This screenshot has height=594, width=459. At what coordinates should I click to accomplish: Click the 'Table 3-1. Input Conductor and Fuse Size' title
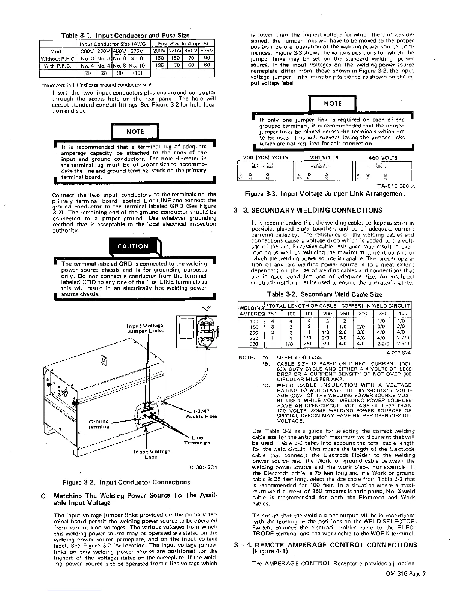coord(125,36)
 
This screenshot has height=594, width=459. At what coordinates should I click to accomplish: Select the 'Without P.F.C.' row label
coord(58,58)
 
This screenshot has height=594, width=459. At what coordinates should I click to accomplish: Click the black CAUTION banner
coord(133,246)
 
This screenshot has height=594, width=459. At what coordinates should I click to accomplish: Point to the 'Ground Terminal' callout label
coord(98,424)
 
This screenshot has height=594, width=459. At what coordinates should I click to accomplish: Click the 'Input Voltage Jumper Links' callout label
coord(145,328)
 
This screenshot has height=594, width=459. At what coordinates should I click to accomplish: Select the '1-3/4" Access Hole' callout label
coord(201,413)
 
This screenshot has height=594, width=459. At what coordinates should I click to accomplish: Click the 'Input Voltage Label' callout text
coord(152,454)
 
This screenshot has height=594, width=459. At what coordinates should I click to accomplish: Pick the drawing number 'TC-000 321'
coord(201,467)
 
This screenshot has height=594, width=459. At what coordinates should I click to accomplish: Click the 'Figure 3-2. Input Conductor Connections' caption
coord(126,482)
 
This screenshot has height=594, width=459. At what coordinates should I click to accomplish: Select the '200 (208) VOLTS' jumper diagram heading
coord(265,158)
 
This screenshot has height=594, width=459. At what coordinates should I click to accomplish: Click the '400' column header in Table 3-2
coord(402,313)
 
